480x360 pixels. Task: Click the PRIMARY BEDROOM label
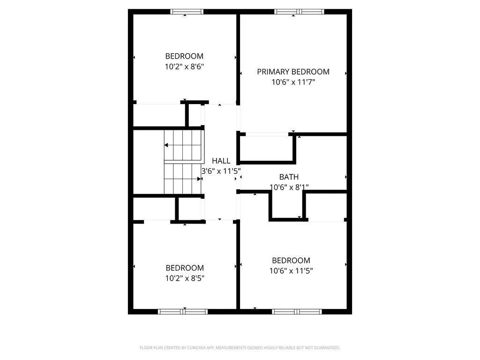(293, 72)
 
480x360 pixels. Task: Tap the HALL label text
(221, 161)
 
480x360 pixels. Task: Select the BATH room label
(289, 177)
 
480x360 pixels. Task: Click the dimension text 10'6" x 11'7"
(293, 82)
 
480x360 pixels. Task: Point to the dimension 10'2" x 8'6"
(184, 66)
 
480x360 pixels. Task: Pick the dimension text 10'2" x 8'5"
(185, 278)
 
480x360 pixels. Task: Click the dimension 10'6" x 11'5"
(291, 270)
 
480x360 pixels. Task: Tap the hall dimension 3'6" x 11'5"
(221, 171)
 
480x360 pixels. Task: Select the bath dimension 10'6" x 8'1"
(289, 187)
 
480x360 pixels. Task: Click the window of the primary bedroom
(299, 12)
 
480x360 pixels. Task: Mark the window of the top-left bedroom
(186, 12)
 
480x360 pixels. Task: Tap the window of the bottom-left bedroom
(183, 311)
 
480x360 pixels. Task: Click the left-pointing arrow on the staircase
(166, 145)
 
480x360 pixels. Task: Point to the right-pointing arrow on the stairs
(199, 179)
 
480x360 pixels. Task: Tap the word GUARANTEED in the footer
(324, 348)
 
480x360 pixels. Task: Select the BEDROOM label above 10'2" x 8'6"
(184, 56)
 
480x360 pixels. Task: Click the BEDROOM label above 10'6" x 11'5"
(291, 260)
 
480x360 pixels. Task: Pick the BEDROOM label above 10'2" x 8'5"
(185, 268)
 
